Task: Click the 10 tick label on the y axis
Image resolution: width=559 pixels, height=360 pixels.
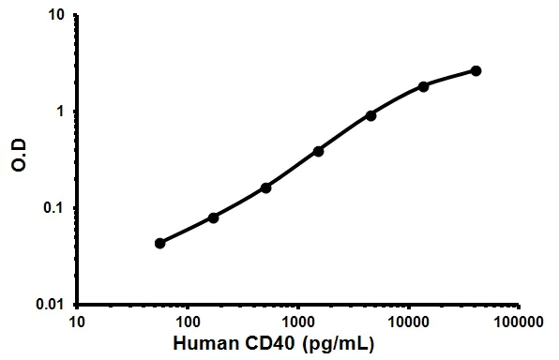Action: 56,16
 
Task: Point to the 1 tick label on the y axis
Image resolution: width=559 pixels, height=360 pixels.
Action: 60,112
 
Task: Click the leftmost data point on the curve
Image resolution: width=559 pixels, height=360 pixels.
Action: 160,243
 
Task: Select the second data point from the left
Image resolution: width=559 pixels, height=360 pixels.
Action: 213,217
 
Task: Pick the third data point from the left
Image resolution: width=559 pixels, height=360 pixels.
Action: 265,187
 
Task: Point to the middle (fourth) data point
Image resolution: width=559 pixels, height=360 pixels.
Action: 318,151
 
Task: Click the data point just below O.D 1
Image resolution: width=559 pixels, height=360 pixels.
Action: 370,115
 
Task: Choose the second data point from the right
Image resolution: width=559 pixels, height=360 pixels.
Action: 423,86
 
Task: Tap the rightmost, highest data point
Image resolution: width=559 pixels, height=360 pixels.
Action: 476,70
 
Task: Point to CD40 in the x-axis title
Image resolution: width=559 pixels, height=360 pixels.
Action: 279,346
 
